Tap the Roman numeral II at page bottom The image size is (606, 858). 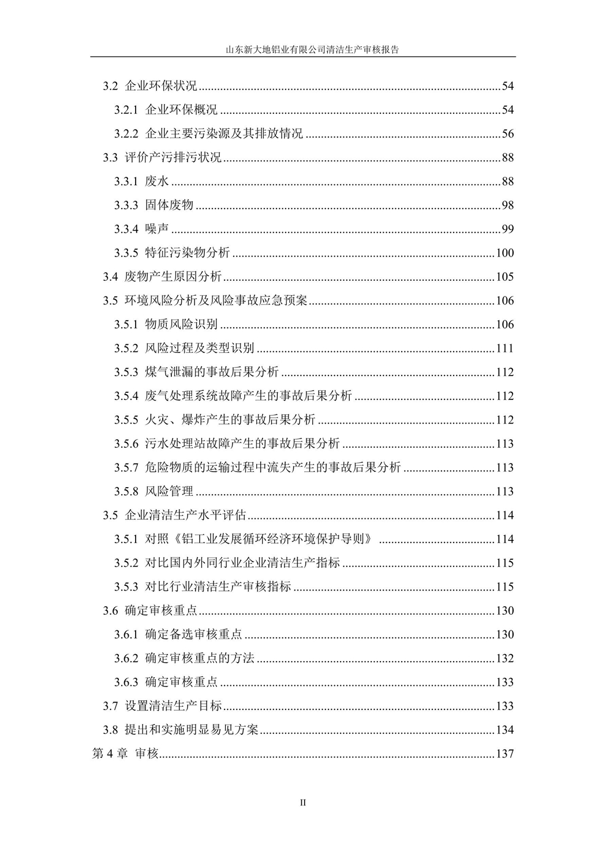(303, 802)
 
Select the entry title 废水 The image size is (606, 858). (157, 181)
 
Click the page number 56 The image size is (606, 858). (507, 134)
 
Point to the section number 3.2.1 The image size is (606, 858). (126, 110)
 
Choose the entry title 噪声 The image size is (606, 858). (157, 229)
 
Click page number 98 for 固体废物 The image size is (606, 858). (507, 206)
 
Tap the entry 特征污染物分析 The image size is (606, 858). (187, 253)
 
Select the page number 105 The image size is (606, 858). (504, 277)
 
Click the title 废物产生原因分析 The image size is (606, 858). (173, 277)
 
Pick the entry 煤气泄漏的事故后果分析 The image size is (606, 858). (212, 372)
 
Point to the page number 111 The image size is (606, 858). (504, 348)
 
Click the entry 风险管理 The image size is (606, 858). (169, 492)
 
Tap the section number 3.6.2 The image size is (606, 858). (126, 659)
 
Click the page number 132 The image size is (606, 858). (504, 659)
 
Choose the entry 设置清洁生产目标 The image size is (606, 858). (173, 706)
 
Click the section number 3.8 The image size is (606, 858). (111, 730)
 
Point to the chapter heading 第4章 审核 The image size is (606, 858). (125, 754)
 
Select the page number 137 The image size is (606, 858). (504, 754)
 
